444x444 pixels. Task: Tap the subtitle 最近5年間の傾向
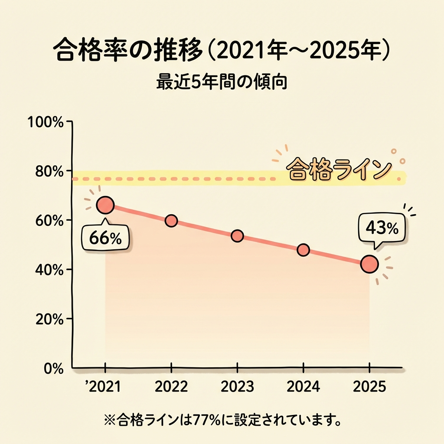(x=222, y=82)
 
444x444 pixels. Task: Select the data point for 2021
(x=105, y=205)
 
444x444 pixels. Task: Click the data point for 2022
(x=171, y=221)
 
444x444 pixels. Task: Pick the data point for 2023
(x=237, y=236)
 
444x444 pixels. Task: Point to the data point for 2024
(x=304, y=250)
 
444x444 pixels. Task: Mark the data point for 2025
(x=369, y=264)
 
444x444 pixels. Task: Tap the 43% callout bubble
(x=382, y=229)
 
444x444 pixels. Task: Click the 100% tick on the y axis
(x=46, y=122)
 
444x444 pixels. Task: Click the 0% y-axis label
(x=53, y=368)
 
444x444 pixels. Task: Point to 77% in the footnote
(x=195, y=420)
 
